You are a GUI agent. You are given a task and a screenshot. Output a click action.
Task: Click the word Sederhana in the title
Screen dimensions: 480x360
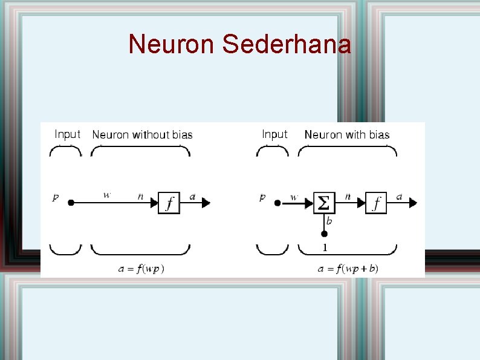coord(287,44)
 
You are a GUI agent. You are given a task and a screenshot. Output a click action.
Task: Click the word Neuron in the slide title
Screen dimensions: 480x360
coord(172,44)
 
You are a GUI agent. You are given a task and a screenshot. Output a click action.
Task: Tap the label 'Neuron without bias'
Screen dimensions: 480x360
coord(142,135)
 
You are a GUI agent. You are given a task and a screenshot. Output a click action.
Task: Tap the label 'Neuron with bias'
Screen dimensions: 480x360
coord(347,135)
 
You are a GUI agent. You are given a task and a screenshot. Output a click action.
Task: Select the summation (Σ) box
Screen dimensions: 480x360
coord(324,203)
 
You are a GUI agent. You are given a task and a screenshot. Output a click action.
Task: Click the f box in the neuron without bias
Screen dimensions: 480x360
coord(169,203)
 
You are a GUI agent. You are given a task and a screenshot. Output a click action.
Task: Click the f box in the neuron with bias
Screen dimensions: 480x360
coord(376,203)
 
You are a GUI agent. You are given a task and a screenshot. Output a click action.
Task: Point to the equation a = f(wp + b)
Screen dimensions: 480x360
coord(348,269)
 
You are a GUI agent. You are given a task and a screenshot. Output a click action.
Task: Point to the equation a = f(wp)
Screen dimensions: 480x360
coord(141,269)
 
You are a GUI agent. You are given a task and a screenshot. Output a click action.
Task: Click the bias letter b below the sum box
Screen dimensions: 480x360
coord(329,221)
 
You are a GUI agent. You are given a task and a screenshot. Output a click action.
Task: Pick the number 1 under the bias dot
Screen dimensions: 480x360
coord(325,247)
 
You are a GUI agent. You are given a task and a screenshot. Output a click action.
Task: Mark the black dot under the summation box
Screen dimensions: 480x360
coord(324,234)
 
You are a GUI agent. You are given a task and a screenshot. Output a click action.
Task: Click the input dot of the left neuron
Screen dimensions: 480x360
coord(71,203)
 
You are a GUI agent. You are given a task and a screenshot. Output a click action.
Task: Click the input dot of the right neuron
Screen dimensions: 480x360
coord(277,203)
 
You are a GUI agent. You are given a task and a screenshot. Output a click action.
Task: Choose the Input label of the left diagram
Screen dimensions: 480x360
coord(67,134)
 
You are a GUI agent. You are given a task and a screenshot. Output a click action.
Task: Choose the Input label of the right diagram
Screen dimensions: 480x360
coord(274,134)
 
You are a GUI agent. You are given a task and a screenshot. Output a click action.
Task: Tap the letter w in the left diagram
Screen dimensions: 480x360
coord(107,195)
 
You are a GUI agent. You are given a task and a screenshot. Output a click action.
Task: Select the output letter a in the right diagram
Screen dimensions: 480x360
coord(400,196)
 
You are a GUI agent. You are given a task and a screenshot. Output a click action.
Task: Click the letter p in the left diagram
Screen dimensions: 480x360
coord(56,197)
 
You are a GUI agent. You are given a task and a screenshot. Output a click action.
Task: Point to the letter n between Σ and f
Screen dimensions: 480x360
coord(348,196)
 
